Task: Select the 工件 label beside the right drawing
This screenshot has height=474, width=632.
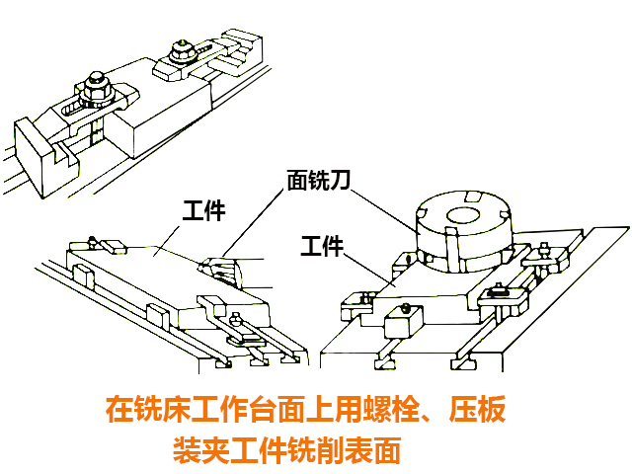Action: (x=322, y=245)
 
